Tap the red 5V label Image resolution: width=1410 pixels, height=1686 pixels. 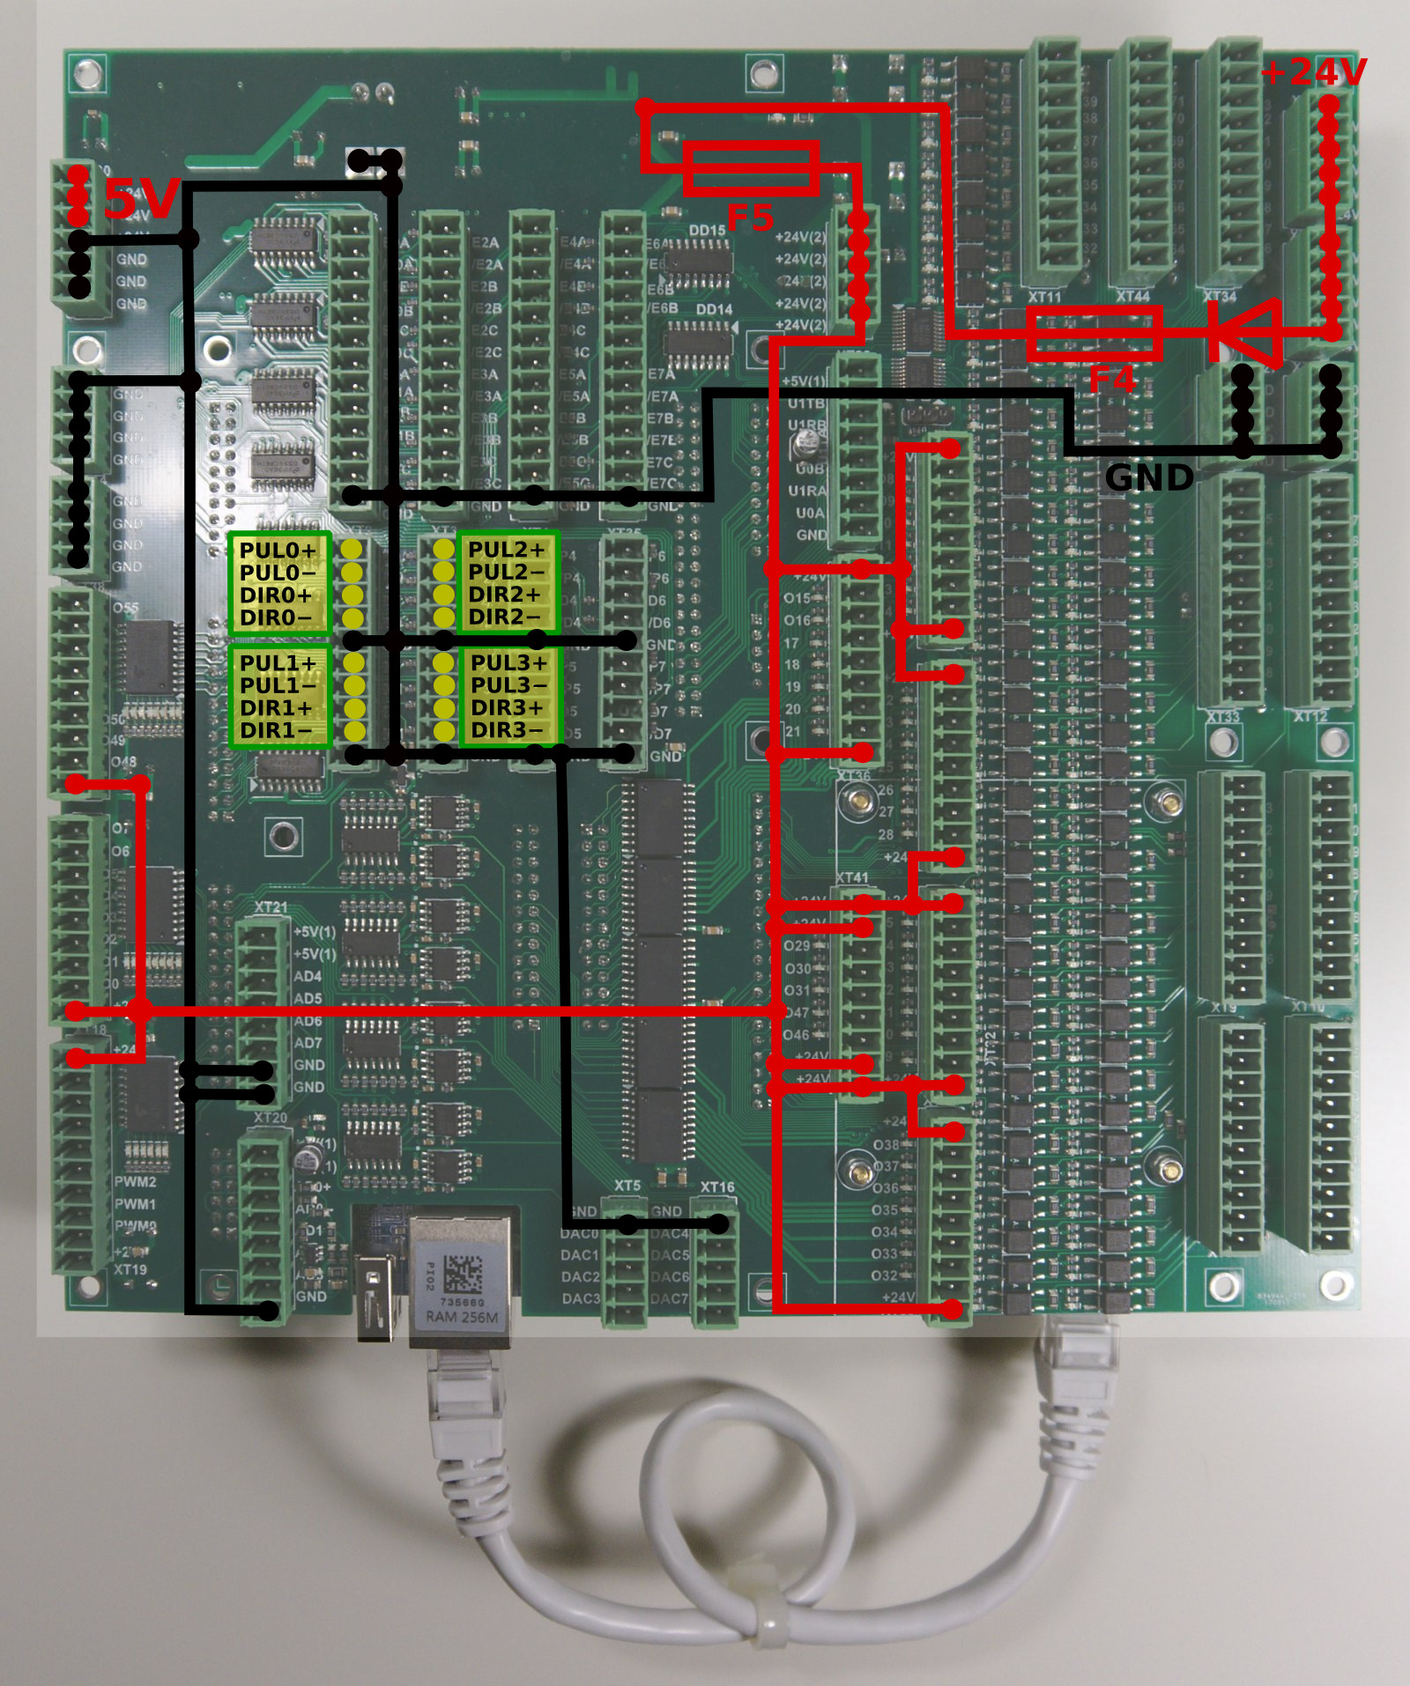pyautogui.click(x=141, y=198)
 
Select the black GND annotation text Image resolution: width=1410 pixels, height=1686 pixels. pyautogui.click(x=1149, y=477)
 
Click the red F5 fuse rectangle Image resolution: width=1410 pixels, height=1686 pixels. pyautogui.click(x=751, y=168)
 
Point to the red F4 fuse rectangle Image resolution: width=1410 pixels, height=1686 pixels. pyautogui.click(x=1094, y=333)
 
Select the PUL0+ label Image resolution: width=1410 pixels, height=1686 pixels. pyautogui.click(x=278, y=550)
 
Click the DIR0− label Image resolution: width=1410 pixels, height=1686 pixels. pyautogui.click(x=276, y=617)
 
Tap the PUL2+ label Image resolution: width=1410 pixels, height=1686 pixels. pyautogui.click(x=507, y=549)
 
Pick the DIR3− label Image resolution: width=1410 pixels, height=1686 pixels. pyautogui.click(x=508, y=730)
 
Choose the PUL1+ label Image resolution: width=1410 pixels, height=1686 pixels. pyautogui.click(x=278, y=662)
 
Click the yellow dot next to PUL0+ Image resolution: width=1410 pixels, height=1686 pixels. pyautogui.click(x=352, y=550)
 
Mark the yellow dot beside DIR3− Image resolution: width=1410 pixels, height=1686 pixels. pyautogui.click(x=444, y=730)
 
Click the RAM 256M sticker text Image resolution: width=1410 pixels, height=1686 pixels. pyautogui.click(x=462, y=1317)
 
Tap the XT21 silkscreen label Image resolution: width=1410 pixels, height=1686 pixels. pyautogui.click(x=271, y=906)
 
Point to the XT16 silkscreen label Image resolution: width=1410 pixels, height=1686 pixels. pyautogui.click(x=717, y=1187)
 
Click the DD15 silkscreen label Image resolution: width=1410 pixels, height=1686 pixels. pyautogui.click(x=707, y=231)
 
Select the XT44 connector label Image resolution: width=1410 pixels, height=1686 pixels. pyautogui.click(x=1132, y=297)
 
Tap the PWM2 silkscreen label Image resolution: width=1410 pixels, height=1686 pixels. pyautogui.click(x=135, y=1182)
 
